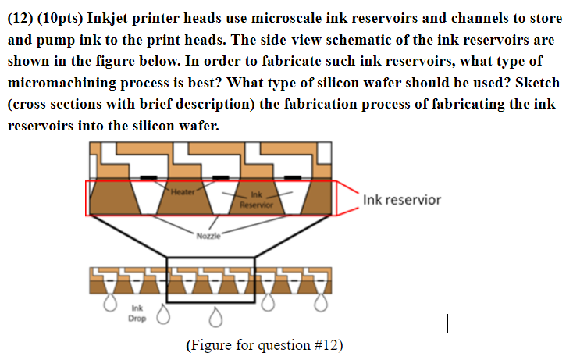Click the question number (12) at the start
(x=20, y=18)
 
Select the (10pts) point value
(x=60, y=18)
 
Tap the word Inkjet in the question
(x=107, y=18)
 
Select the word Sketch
(x=537, y=83)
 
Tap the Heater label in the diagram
(x=183, y=192)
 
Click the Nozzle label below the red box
(x=208, y=236)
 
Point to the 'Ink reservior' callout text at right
(x=402, y=200)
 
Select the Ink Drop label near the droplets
(x=137, y=313)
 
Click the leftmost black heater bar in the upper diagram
(x=149, y=177)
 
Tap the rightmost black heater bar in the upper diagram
(x=293, y=177)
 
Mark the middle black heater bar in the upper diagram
(x=221, y=177)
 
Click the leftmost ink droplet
(x=110, y=303)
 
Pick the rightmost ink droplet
(x=321, y=303)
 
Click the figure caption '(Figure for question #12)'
(x=265, y=345)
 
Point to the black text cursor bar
(x=447, y=323)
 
